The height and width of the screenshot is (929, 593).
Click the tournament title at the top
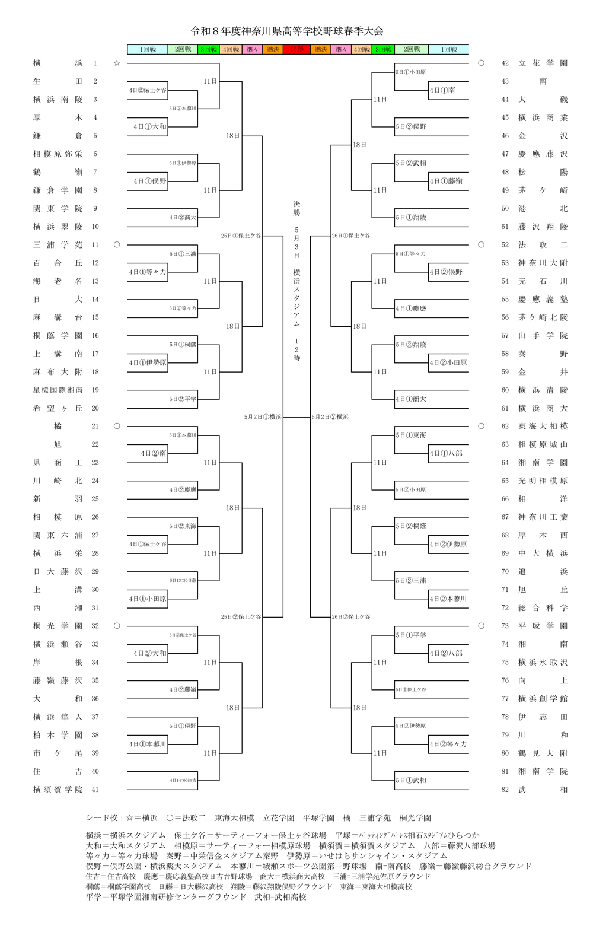(287, 31)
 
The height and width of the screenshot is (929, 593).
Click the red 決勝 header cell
(296, 50)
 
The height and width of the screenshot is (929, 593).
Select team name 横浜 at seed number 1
(58, 63)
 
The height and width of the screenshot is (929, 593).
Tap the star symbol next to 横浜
(117, 63)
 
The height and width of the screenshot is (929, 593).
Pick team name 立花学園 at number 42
(543, 63)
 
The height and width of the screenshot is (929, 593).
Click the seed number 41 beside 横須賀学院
(95, 790)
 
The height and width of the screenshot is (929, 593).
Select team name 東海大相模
(543, 426)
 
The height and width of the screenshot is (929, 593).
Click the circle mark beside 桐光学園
(117, 626)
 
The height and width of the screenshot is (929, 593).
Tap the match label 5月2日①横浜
(263, 417)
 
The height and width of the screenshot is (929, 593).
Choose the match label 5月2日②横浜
(330, 417)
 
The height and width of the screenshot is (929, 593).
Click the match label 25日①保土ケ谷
(241, 236)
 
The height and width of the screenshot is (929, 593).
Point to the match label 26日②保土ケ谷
(351, 617)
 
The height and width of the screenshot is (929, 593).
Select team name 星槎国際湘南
(58, 390)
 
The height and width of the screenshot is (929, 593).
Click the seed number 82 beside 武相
(505, 790)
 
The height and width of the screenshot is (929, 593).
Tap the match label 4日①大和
(150, 126)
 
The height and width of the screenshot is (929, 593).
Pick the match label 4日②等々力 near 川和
(449, 744)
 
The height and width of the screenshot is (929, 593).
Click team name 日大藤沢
(58, 571)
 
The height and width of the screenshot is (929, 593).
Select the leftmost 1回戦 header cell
(148, 50)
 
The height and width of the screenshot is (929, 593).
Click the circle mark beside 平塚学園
(481, 626)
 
